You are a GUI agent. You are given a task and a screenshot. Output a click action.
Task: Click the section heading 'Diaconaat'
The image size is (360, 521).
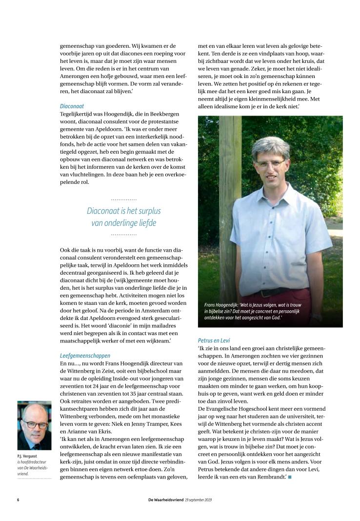tap(72, 106)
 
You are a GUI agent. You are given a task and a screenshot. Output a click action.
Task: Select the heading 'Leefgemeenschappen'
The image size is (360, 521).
tap(85, 356)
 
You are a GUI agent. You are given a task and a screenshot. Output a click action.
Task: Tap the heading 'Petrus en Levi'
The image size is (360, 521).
tap(214, 340)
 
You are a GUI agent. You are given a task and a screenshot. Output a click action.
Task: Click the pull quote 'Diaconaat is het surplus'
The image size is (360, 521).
tap(123, 211)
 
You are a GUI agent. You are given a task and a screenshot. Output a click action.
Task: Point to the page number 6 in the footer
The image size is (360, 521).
tap(18, 500)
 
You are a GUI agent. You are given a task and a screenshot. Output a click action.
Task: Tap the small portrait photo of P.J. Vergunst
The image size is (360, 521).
tap(34, 425)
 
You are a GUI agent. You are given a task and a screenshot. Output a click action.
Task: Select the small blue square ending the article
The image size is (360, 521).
tap(290, 476)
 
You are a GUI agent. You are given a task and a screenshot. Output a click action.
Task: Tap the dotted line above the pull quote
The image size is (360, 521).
tap(123, 200)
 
